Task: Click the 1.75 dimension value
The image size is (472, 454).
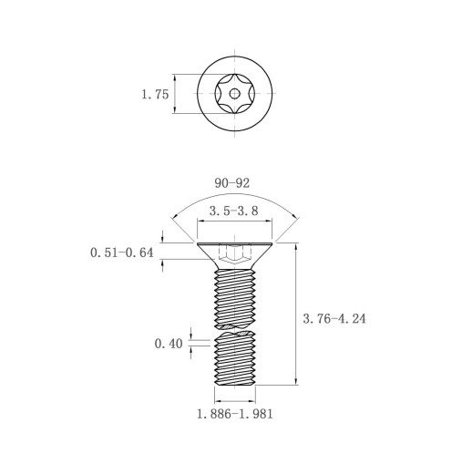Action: (x=155, y=94)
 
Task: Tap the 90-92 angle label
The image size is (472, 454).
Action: (x=232, y=183)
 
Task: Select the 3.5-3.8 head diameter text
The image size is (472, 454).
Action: (x=234, y=211)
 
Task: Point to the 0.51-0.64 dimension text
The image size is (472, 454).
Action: (x=122, y=253)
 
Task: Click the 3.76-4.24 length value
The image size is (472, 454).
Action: (x=334, y=318)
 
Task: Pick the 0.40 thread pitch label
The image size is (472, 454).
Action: (x=169, y=344)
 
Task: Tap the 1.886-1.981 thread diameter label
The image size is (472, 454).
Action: (x=235, y=414)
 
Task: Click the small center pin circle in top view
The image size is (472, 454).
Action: (x=234, y=94)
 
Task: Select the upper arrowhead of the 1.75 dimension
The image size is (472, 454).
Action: (x=175, y=78)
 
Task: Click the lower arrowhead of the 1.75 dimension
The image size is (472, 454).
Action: (x=175, y=109)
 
